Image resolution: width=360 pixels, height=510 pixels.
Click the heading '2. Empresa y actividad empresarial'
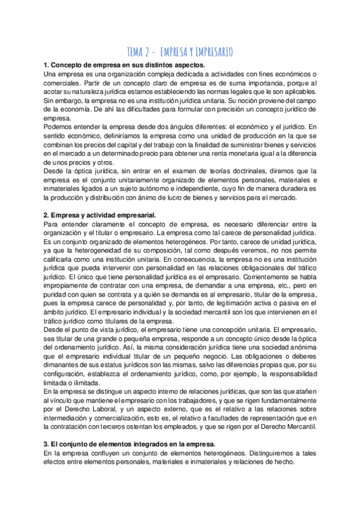point(100,215)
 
